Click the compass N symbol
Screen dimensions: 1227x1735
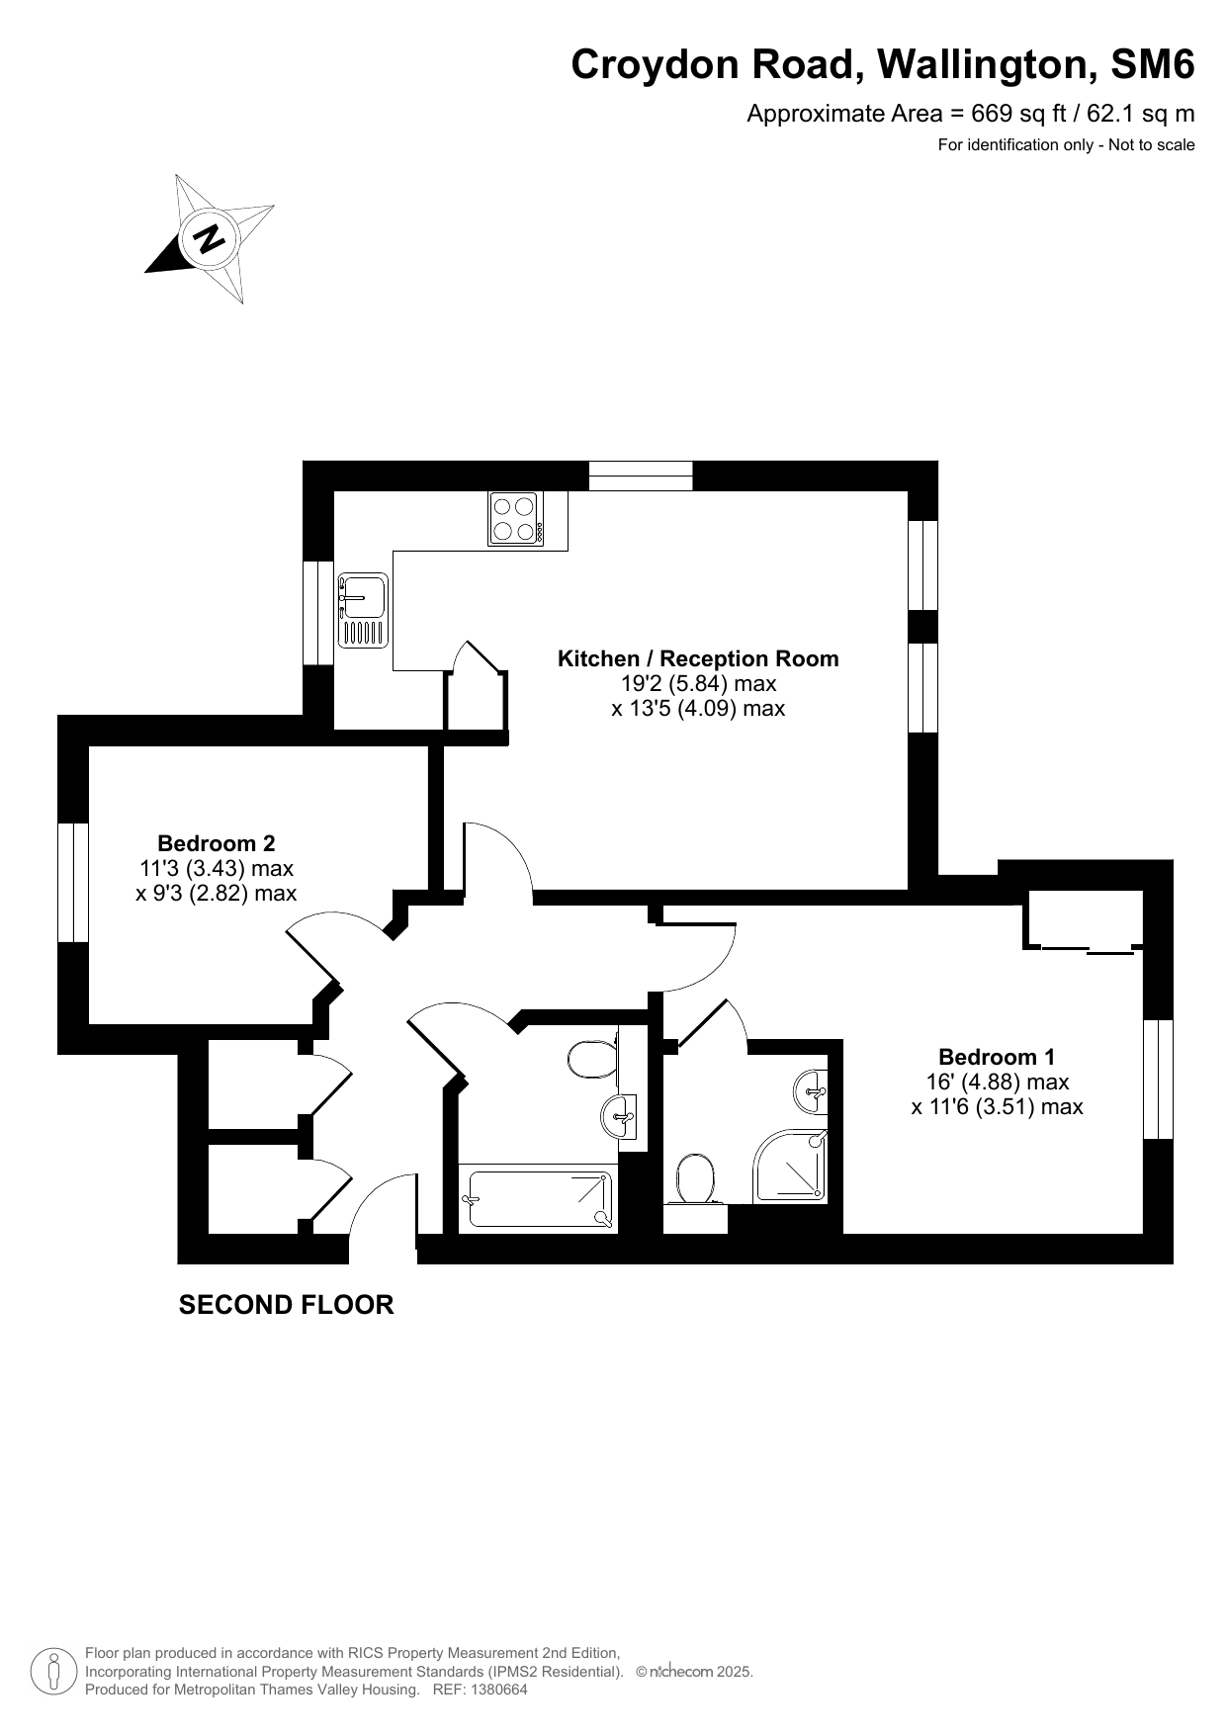click(x=209, y=238)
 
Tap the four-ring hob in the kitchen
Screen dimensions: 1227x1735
click(x=515, y=519)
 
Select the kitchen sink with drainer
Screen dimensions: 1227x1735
click(x=363, y=611)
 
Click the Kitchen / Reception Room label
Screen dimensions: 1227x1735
click(x=698, y=658)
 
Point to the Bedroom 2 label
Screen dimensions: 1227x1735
click(x=217, y=843)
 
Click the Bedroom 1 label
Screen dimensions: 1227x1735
click(x=997, y=1057)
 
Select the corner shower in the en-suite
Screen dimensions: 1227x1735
click(x=790, y=1167)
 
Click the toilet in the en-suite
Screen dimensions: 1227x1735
click(x=696, y=1178)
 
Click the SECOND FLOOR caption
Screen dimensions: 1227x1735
click(x=286, y=1305)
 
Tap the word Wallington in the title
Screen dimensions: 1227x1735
click(x=986, y=65)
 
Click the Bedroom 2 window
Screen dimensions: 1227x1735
click(x=73, y=882)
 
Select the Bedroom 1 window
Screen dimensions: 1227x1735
click(x=1158, y=1079)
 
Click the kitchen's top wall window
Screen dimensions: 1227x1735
click(x=641, y=476)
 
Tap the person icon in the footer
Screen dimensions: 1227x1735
click(x=54, y=1672)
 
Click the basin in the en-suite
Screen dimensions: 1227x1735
click(x=812, y=1090)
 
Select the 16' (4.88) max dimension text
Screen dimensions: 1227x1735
click(x=997, y=1082)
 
